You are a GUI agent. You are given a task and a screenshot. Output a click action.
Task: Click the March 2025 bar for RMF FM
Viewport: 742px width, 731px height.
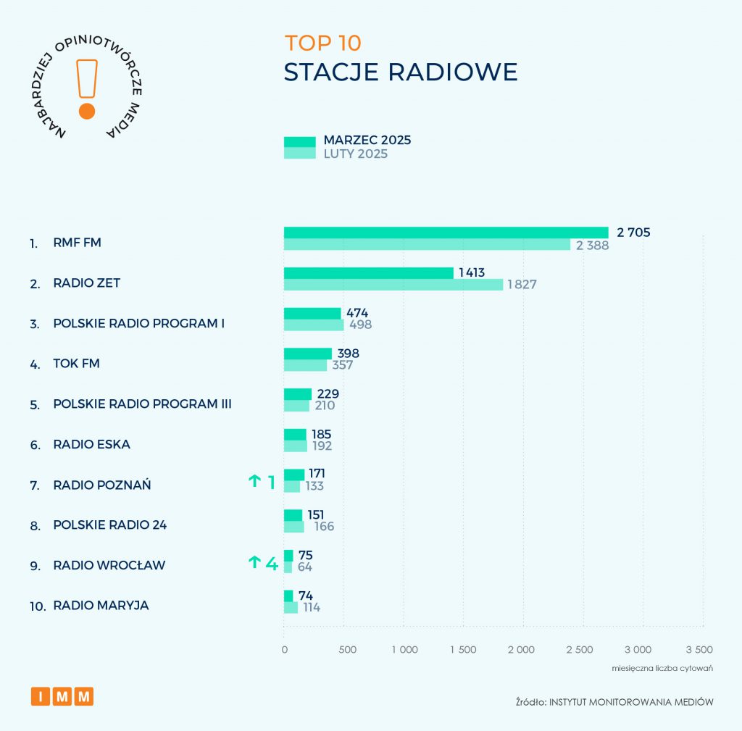pos(446,233)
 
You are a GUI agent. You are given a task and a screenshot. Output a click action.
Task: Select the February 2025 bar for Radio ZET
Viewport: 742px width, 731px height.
pos(393,285)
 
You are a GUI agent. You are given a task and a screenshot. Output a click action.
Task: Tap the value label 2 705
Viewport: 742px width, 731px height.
pos(633,233)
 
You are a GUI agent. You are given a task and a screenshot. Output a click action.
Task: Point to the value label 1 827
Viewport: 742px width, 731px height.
pos(522,285)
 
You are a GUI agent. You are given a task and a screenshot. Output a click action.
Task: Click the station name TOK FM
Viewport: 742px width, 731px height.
pos(76,363)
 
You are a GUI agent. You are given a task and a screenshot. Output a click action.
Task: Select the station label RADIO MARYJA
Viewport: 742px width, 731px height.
pos(101,605)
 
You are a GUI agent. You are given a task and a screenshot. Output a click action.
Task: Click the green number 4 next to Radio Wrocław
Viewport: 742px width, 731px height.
pos(272,563)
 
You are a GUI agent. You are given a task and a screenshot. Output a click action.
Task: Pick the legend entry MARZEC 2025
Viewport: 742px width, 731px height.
pos(367,140)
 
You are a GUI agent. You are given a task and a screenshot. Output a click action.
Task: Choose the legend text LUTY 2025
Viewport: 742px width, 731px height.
pos(355,154)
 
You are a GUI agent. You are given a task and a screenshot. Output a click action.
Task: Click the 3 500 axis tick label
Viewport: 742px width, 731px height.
pos(699,649)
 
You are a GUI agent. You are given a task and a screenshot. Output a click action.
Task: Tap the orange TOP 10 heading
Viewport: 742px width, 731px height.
pos(322,43)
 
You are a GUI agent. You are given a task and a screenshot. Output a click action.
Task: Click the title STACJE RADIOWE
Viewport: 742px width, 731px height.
pos(401,72)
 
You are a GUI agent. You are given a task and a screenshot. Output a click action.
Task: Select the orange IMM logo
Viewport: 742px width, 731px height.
pos(62,696)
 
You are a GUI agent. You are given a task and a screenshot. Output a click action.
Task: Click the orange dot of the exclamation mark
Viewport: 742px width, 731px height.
pos(87,111)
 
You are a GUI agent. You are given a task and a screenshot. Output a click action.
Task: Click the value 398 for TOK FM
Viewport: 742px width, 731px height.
pos(347,354)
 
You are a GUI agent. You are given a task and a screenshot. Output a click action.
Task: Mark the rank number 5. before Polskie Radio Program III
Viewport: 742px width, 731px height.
pos(35,404)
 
